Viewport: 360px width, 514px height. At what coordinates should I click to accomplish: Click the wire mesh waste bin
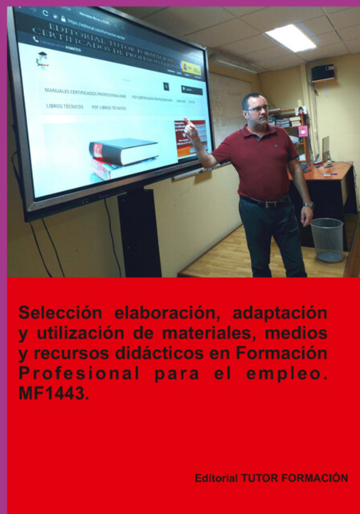click(x=327, y=239)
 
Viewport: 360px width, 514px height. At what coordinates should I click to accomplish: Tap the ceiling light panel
click(x=291, y=38)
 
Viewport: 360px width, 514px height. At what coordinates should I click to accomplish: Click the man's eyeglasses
click(x=257, y=108)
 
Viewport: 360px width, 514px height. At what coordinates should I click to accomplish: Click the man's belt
click(x=263, y=201)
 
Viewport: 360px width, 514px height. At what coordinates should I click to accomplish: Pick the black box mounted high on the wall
click(x=322, y=72)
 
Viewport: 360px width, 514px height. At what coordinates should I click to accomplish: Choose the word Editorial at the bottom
click(x=216, y=478)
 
